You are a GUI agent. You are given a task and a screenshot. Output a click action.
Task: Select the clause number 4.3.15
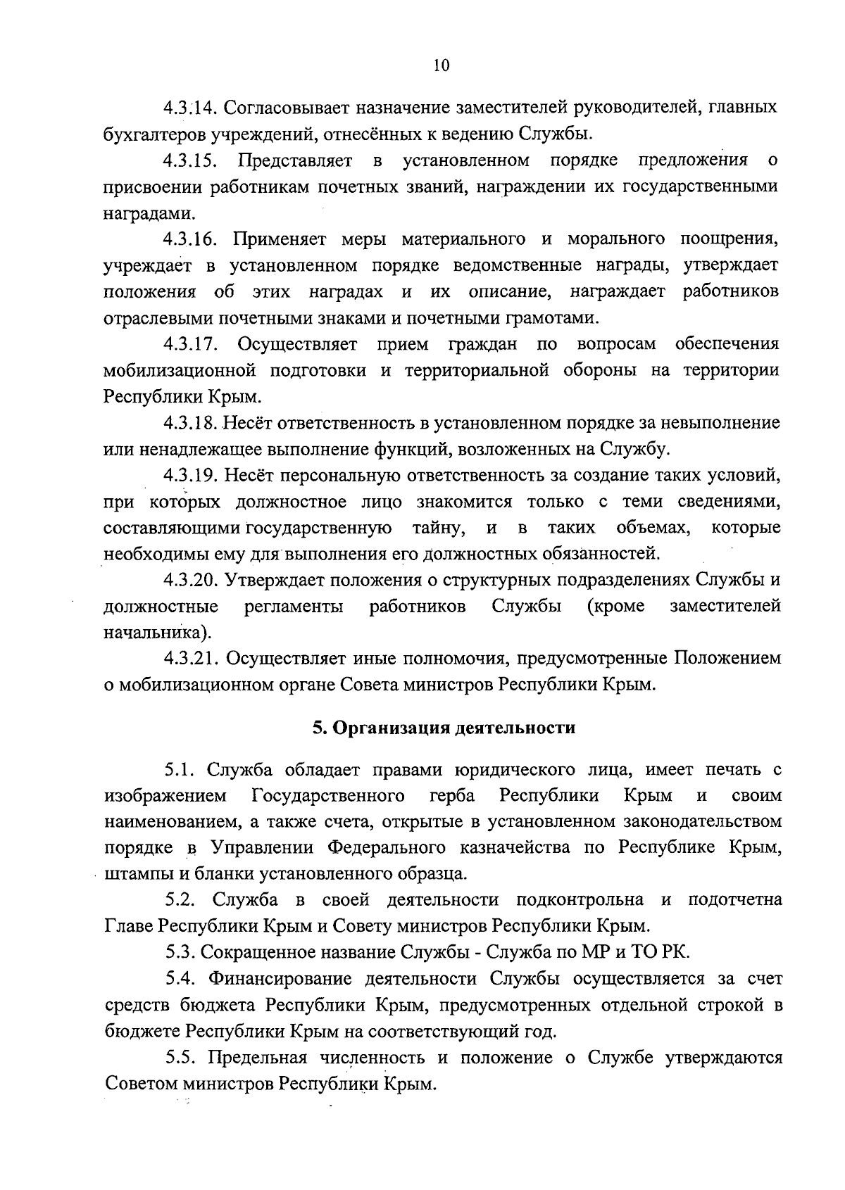190,160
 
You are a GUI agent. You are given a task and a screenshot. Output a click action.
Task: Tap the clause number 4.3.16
190,239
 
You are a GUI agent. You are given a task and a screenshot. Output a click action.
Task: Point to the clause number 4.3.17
190,344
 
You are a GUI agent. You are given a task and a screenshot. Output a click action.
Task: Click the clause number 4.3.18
190,423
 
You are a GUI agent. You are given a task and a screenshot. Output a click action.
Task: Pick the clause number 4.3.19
190,476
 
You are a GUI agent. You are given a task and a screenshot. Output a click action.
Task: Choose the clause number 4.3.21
190,659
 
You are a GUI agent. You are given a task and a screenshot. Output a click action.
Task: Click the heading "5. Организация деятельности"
444,728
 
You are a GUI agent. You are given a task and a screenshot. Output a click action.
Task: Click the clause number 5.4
181,979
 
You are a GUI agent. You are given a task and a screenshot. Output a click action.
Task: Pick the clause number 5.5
181,1058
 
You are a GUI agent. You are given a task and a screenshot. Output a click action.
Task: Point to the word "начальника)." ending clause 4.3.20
156,632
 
